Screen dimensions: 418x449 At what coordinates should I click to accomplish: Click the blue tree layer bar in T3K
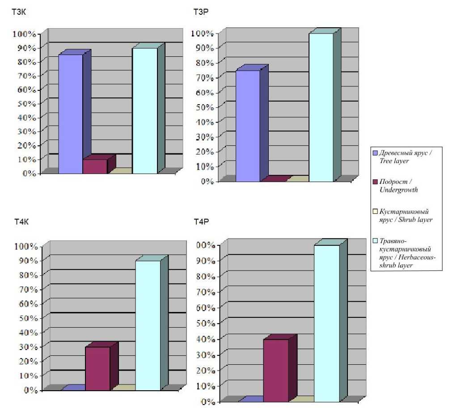click(71, 114)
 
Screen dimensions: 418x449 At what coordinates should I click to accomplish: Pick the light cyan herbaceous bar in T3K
click(145, 110)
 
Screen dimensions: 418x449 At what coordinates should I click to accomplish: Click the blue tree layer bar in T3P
click(248, 126)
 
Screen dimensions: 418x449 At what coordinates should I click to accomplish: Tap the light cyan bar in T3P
click(321, 107)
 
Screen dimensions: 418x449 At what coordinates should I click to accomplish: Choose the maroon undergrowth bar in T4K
click(97, 368)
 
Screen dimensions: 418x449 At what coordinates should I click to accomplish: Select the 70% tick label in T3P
click(203, 78)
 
